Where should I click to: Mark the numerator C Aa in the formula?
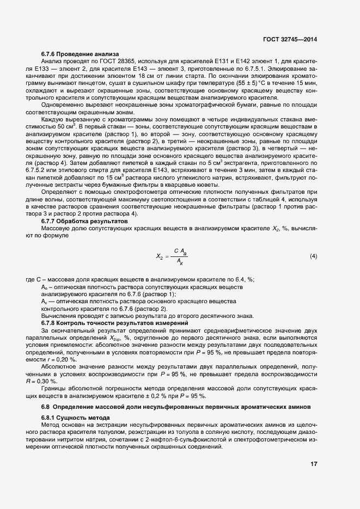point(181,236)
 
